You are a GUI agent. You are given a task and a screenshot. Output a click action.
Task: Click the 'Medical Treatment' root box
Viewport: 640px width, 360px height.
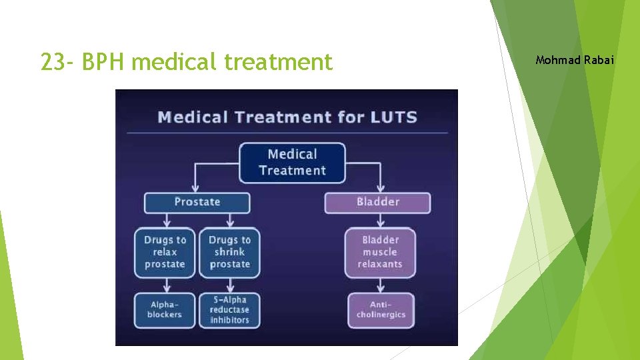point(292,163)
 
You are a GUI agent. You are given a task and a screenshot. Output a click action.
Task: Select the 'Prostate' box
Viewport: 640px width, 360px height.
point(197,202)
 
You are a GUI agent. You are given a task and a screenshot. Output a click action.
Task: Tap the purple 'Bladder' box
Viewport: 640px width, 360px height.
point(377,202)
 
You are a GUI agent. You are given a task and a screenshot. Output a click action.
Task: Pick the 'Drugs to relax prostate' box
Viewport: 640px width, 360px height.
point(165,252)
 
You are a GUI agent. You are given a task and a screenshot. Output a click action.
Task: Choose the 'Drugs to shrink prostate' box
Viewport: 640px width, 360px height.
point(229,252)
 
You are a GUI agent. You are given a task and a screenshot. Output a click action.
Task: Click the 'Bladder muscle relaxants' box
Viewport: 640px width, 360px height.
point(380,252)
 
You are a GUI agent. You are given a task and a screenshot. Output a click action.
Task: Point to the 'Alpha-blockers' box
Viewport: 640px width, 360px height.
point(165,310)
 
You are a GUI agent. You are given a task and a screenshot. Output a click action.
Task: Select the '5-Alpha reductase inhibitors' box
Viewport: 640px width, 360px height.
point(229,310)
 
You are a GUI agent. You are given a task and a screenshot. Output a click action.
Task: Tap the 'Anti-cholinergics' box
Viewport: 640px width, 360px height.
point(381,310)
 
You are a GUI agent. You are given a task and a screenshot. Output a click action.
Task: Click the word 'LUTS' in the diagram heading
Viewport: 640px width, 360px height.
point(391,118)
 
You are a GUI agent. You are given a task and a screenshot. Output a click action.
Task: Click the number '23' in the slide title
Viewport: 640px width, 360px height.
point(53,62)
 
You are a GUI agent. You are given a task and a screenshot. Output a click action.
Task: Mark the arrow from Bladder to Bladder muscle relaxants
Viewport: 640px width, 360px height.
point(380,221)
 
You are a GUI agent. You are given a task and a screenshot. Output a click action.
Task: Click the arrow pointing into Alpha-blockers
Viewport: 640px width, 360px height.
point(165,285)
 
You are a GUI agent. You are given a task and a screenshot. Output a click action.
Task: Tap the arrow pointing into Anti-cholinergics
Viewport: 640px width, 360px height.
point(380,285)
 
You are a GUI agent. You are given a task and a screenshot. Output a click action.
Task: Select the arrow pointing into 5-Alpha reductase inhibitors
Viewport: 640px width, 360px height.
point(229,285)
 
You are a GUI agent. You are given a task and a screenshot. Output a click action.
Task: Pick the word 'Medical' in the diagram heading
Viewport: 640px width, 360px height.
point(191,118)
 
